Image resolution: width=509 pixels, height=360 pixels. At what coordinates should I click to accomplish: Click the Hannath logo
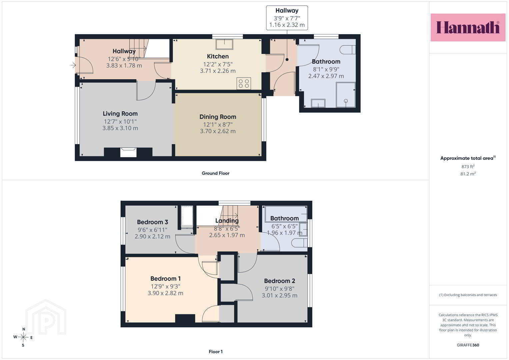[468, 27]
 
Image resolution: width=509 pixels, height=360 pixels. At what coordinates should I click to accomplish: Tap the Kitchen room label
[218, 56]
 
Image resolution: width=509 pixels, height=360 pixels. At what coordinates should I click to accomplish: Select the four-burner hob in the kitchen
[244, 83]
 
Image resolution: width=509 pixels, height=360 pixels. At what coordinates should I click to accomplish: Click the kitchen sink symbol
[224, 44]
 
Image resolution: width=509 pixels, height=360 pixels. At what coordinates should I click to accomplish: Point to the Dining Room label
[218, 117]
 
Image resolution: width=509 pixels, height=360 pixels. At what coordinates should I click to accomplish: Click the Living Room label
[120, 114]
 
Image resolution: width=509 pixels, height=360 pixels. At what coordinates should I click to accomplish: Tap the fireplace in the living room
[128, 152]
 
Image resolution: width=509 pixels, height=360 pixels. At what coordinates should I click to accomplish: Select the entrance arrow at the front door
[73, 65]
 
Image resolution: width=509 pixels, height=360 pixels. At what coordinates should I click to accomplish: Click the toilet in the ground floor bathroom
[348, 50]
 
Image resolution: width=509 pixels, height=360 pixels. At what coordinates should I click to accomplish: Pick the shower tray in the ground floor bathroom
[346, 95]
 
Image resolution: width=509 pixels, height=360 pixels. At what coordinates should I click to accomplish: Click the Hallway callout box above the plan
[287, 18]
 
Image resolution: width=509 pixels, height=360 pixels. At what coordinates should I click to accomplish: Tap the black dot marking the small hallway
[287, 60]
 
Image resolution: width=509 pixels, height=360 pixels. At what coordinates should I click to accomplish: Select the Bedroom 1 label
[165, 279]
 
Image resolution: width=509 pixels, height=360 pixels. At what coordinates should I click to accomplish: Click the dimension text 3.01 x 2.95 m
[279, 295]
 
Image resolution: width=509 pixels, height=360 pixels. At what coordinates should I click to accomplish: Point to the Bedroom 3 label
[152, 222]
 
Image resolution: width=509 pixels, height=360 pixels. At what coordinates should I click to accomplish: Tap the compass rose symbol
[23, 337]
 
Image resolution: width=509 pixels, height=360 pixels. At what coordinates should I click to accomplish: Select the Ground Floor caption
[216, 173]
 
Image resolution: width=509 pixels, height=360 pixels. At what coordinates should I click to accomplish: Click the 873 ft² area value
[468, 166]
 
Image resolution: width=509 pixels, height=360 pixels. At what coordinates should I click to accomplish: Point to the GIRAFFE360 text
[468, 345]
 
